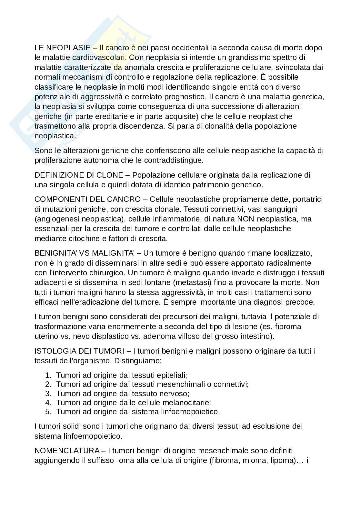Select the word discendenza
click(x=140, y=126)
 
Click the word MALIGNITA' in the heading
click(x=113, y=253)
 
